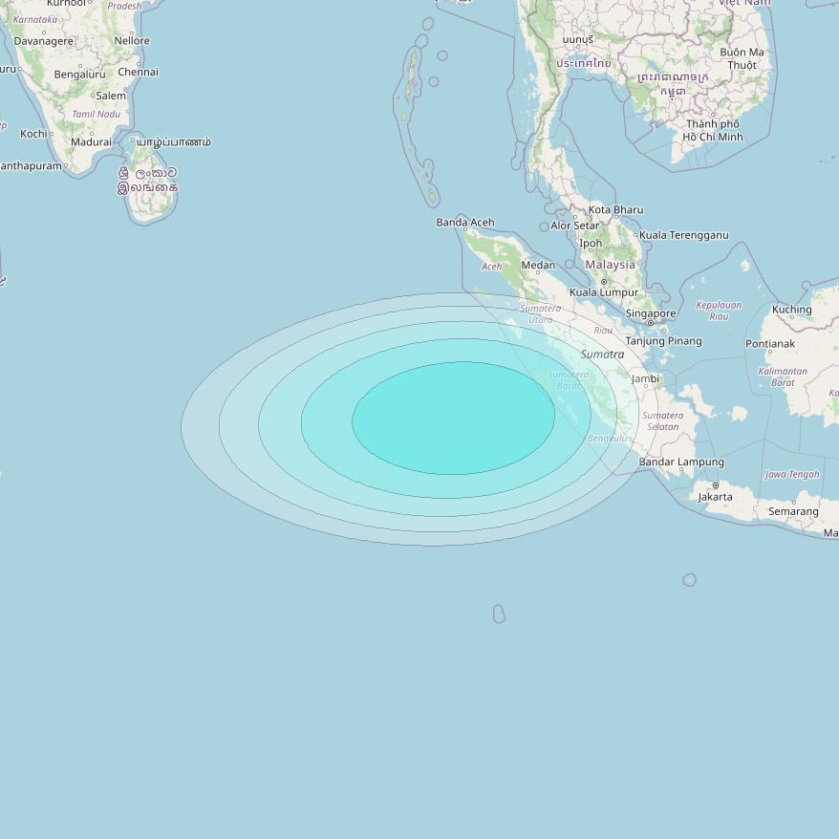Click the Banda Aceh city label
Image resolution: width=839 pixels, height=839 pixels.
(465, 223)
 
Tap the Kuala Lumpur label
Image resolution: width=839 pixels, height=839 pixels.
(604, 292)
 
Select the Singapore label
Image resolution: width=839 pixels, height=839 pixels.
(651, 313)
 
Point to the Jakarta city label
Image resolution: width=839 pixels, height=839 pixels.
(715, 497)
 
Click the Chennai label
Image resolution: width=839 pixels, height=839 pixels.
(139, 72)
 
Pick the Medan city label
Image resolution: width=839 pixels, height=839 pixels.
(538, 266)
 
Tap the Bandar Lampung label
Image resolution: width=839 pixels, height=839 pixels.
(681, 463)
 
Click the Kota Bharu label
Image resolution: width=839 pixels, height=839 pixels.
(615, 210)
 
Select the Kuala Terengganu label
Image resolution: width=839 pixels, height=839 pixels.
(683, 235)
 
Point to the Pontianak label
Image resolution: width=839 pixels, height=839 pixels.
(770, 344)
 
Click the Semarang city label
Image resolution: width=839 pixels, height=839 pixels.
(793, 512)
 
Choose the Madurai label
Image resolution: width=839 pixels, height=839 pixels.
(91, 142)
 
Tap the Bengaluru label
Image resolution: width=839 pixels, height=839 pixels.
(79, 75)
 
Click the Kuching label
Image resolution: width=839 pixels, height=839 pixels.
(791, 310)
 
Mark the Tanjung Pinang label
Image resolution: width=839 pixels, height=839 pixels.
(663, 341)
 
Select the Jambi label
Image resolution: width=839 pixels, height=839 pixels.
(646, 378)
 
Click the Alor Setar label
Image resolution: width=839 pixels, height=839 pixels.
(574, 226)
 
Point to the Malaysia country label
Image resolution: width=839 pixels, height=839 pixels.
(610, 265)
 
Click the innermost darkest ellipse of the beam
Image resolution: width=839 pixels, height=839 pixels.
(453, 418)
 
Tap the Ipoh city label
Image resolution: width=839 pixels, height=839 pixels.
(591, 244)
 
